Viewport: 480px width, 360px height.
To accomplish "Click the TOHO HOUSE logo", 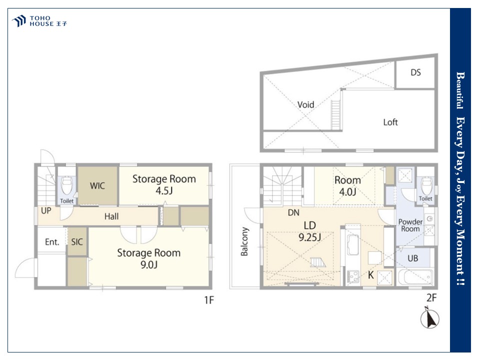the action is (39, 21).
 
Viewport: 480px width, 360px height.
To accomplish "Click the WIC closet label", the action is (97, 186).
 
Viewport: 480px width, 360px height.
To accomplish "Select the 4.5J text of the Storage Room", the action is (164, 190).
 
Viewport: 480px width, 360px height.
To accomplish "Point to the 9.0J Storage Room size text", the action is (149, 264).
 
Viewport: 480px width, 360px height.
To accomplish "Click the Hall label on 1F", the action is (111, 216).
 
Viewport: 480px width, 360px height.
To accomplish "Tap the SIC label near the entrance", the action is (77, 242).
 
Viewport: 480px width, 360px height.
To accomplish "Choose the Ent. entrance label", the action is (52, 242).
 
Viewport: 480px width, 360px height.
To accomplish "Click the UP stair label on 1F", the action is (46, 210).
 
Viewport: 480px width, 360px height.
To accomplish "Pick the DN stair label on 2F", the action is (293, 212).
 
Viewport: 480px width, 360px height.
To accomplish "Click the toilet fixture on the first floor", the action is (66, 185).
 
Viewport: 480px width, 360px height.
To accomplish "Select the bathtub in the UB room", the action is (415, 276).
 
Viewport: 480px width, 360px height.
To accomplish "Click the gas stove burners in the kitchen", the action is (353, 276).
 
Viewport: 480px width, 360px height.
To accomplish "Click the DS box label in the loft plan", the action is (415, 72).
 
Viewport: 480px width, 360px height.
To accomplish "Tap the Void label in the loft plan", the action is (306, 104).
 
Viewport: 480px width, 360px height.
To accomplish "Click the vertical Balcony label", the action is (244, 241).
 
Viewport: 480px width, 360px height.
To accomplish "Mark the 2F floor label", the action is (431, 297).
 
